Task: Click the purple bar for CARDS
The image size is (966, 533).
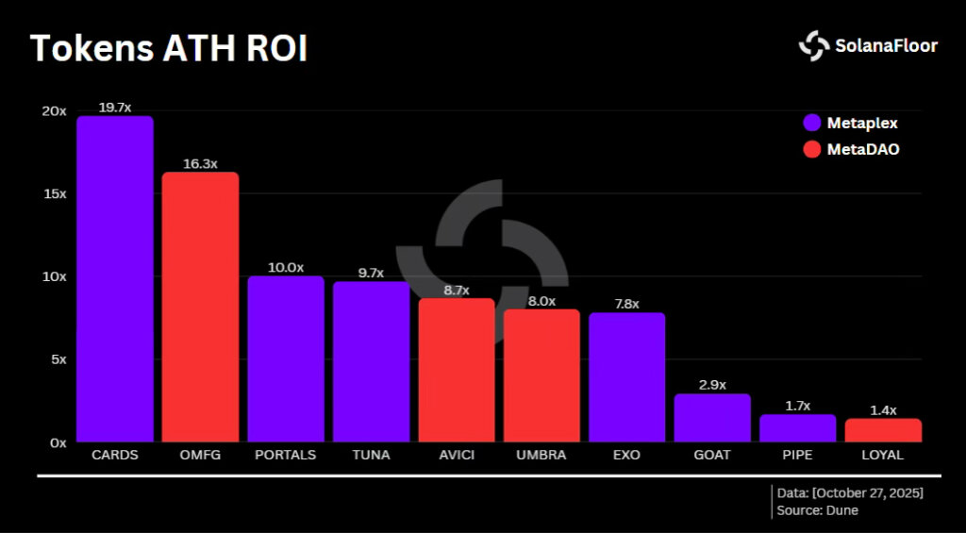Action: [115, 278]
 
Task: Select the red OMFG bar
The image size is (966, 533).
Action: [200, 307]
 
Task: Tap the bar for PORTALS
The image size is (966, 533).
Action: [286, 358]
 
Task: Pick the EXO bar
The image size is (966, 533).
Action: [626, 377]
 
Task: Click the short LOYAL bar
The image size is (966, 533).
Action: [883, 430]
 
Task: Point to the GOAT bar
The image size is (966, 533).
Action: [712, 418]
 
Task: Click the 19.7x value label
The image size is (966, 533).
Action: [114, 108]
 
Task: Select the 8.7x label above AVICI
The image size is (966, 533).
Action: [456, 290]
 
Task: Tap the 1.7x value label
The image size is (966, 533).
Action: [798, 406]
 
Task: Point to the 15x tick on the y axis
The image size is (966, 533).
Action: [54, 193]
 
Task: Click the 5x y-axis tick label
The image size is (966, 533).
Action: [58, 359]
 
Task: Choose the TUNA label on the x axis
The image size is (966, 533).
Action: [371, 455]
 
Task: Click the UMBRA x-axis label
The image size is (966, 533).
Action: [541, 455]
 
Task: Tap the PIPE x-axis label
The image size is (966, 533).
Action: [798, 455]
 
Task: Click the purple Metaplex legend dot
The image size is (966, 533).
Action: [811, 123]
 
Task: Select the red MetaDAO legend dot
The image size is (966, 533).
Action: [811, 149]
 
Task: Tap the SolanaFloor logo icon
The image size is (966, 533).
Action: [813, 45]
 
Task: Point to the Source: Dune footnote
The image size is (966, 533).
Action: [818, 511]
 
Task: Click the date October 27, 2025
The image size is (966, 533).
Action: [867, 493]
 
